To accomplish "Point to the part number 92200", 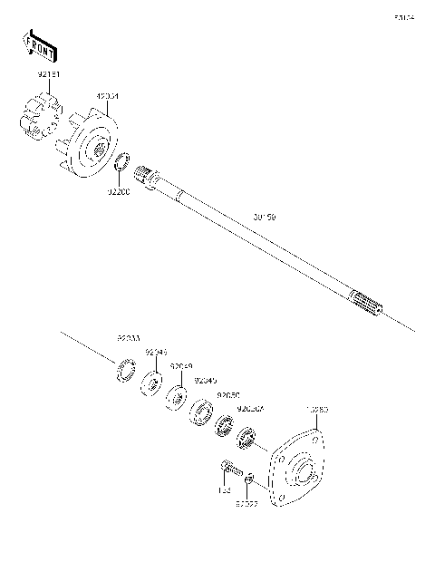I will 119,192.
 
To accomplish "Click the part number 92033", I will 128,339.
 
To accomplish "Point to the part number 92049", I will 181,366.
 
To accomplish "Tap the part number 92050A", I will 250,409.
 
